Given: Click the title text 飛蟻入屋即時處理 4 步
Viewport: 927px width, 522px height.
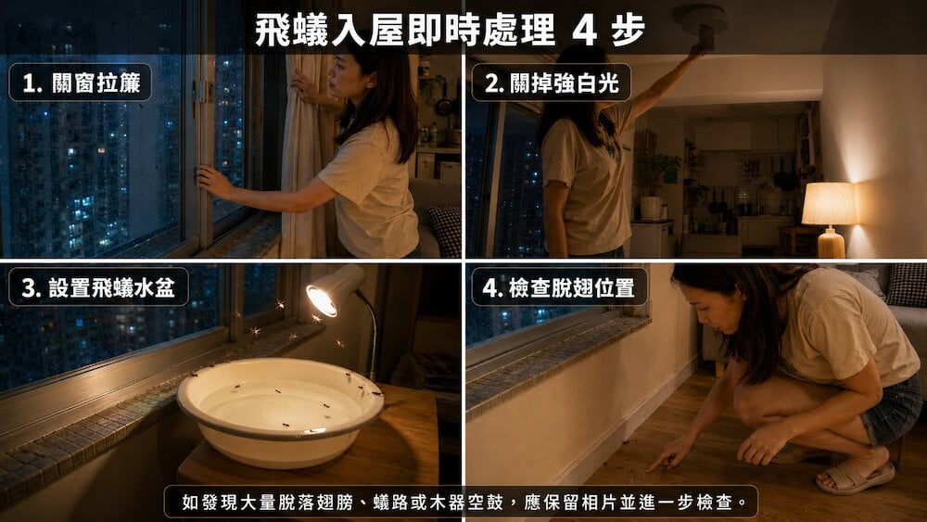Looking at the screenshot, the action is tap(450, 30).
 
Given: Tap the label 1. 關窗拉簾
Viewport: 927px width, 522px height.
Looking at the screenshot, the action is tap(81, 83).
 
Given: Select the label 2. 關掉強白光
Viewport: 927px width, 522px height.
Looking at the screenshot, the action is tap(551, 83).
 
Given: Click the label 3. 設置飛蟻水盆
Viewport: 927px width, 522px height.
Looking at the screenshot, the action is tap(98, 287).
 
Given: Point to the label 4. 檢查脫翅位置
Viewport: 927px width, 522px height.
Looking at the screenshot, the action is tap(559, 287).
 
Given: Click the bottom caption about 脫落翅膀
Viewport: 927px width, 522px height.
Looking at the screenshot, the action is tap(461, 502).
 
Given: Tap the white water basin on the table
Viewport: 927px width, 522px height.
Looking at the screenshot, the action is tap(280, 410).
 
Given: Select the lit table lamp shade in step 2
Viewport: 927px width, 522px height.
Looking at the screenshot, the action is tap(830, 203).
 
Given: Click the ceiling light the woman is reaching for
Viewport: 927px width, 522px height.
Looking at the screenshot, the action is tap(702, 19).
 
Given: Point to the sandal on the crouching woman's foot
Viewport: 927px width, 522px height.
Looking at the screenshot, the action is tap(855, 477).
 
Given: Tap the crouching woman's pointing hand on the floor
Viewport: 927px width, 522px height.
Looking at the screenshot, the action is tap(668, 454).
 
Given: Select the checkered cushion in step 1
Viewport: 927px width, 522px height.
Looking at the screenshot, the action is tap(444, 230).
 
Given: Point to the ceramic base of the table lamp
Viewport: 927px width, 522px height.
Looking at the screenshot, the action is tap(832, 242).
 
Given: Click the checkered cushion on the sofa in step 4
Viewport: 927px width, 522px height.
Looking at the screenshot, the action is tap(906, 285).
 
